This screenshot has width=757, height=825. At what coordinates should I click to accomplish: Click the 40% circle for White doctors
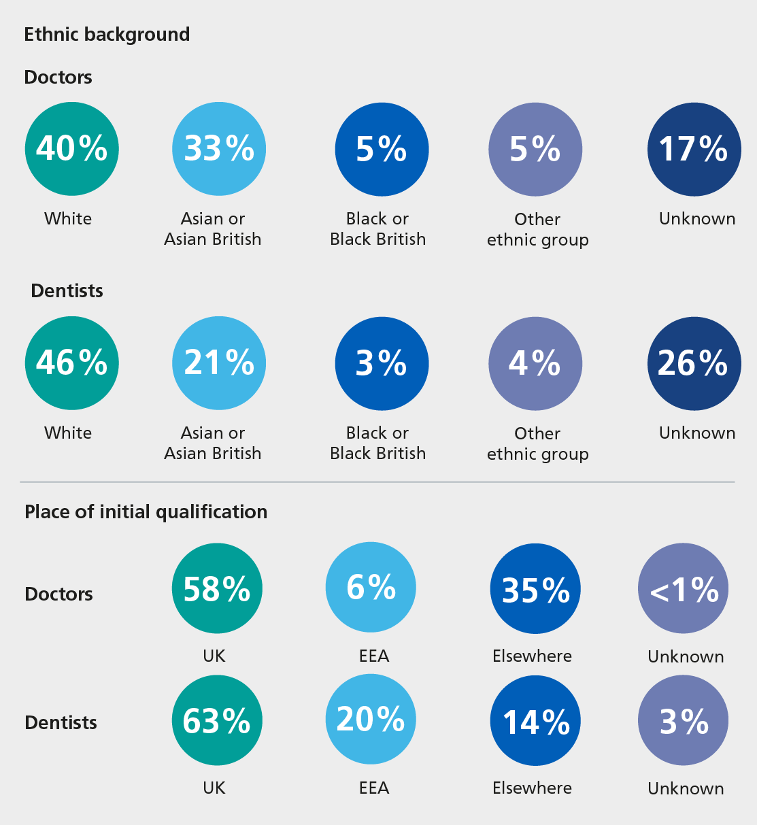point(71,149)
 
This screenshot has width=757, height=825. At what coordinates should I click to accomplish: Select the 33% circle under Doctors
point(219,149)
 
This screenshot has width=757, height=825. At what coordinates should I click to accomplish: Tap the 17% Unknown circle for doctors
point(694,149)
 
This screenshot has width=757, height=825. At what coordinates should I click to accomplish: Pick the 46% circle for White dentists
point(71,363)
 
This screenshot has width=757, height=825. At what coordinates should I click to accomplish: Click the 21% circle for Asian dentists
point(219,363)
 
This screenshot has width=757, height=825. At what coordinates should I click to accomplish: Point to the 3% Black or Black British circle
point(382,364)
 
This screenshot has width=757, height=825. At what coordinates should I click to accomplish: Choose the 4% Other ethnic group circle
point(535,364)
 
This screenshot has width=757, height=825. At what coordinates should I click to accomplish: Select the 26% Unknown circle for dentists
point(694,363)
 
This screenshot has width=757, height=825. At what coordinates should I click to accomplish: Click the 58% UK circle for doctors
point(217,588)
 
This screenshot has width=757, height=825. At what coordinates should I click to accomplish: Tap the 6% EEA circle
point(371,587)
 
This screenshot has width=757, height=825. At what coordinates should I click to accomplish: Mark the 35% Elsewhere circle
point(535,589)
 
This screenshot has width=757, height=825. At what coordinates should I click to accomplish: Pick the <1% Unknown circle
point(683,589)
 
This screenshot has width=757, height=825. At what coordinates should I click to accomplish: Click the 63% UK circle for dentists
point(217,720)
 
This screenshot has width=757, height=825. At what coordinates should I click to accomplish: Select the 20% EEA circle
point(371,719)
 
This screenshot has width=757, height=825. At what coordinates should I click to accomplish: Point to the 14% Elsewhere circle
point(535,721)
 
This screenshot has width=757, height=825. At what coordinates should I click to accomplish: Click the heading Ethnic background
point(107,35)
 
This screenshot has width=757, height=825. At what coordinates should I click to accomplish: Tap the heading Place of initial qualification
point(146,511)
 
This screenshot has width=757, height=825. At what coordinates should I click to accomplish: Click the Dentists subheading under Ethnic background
point(67,291)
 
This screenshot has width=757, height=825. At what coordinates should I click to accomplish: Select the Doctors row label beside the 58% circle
point(58,594)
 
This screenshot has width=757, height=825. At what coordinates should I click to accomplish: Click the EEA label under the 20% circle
point(374,788)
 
